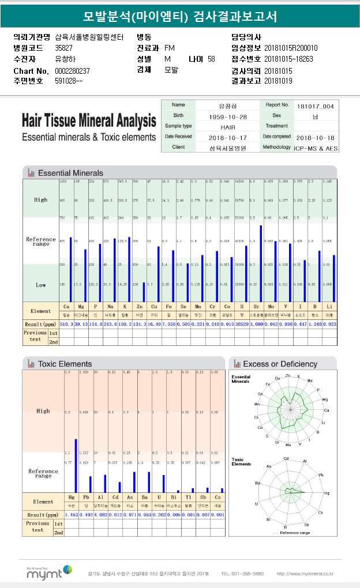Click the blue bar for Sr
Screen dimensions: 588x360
261,262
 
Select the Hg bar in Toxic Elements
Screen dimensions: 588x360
76,465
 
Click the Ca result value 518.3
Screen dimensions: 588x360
66,324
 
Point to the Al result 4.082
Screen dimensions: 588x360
101,515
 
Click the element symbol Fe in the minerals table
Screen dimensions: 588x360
166,307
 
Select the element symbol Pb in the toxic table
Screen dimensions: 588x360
86,497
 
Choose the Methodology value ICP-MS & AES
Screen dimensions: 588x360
316,148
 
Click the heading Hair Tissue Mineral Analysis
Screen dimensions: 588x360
89,121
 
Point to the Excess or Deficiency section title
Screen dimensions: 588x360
280,364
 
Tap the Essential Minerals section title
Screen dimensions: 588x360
70,173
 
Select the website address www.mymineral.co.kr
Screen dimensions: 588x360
305,574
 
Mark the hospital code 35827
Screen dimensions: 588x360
64,48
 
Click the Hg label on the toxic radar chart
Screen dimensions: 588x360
327,493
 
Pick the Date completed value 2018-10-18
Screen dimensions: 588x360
314,138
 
